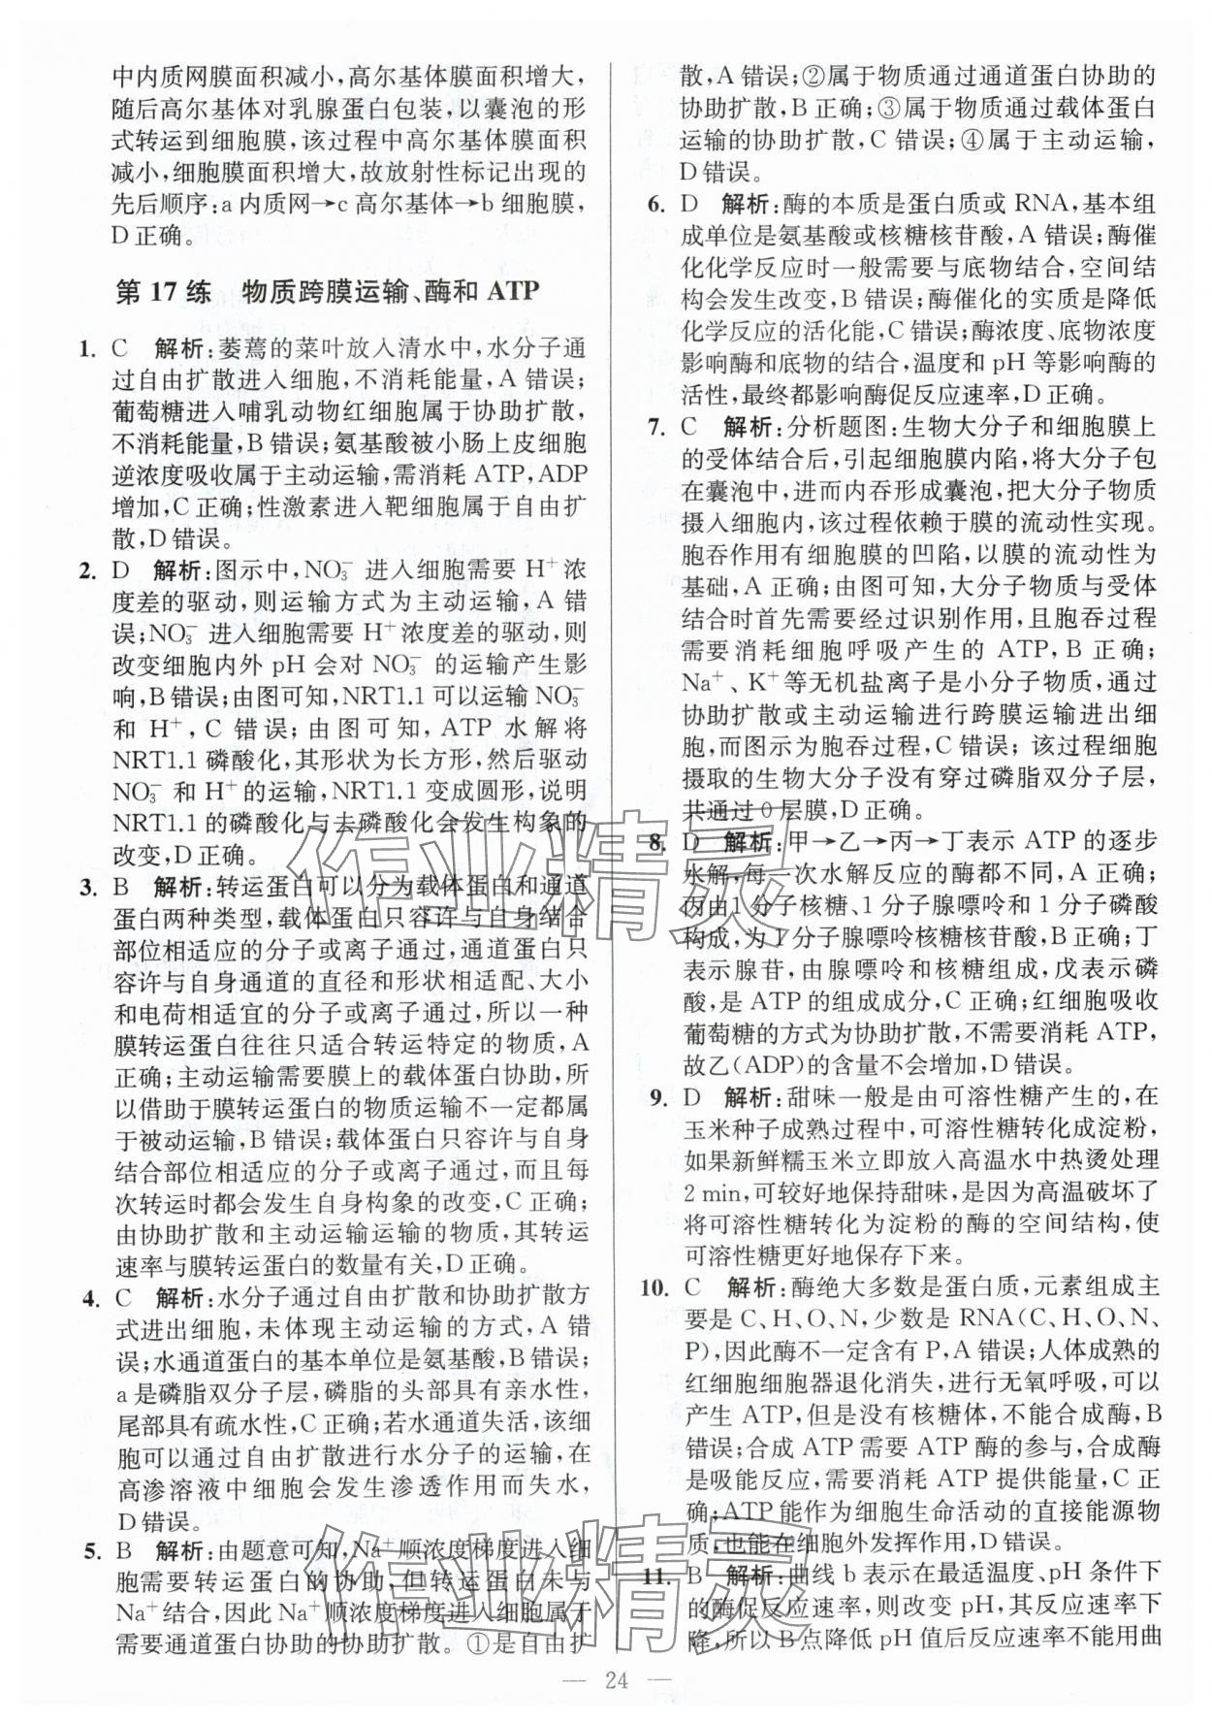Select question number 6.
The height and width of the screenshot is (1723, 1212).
tap(655, 204)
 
